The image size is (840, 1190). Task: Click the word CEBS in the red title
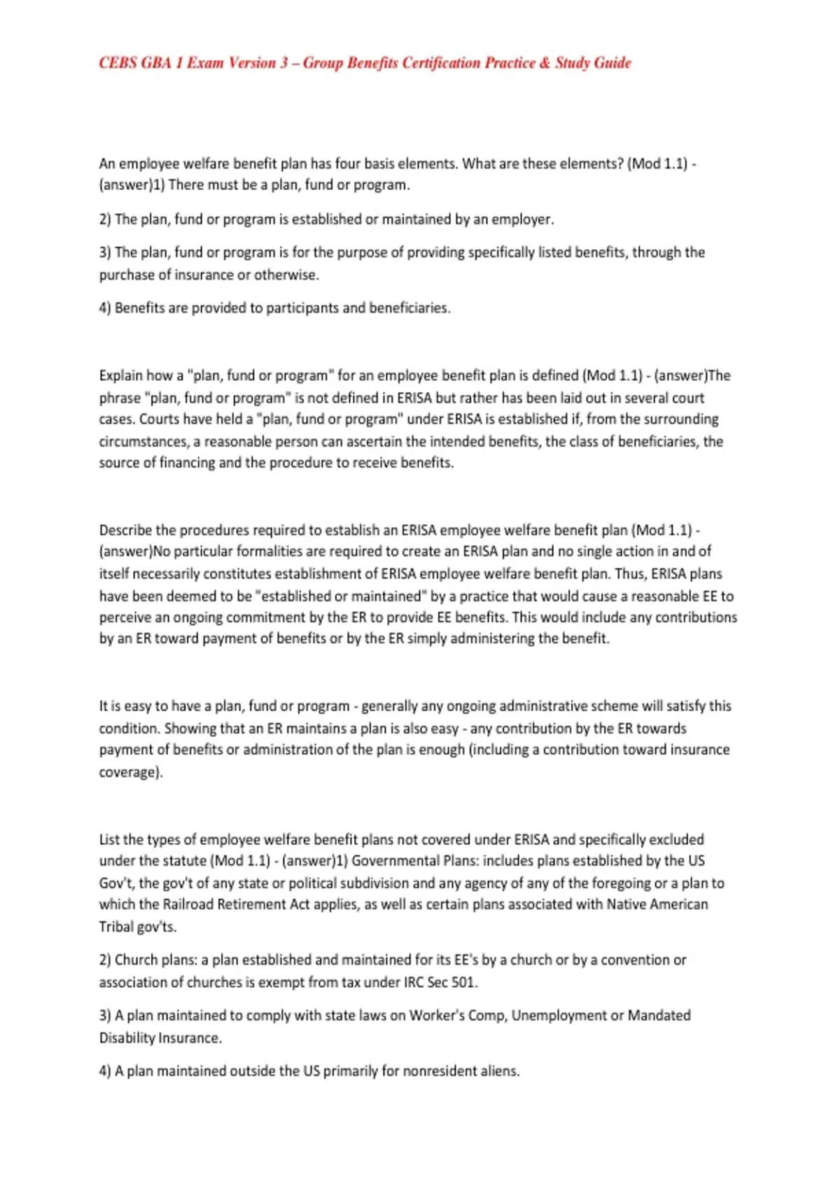point(118,63)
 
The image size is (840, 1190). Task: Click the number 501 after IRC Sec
point(463,982)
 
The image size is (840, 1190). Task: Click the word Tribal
point(115,927)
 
